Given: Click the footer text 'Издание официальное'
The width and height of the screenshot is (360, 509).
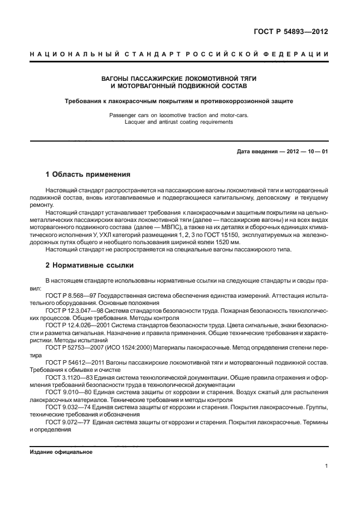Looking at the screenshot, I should (x=61, y=452).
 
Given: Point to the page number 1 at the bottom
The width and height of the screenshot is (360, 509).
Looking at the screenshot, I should (x=326, y=467).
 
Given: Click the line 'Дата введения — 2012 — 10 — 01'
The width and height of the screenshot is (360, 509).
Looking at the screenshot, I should (x=282, y=152).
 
